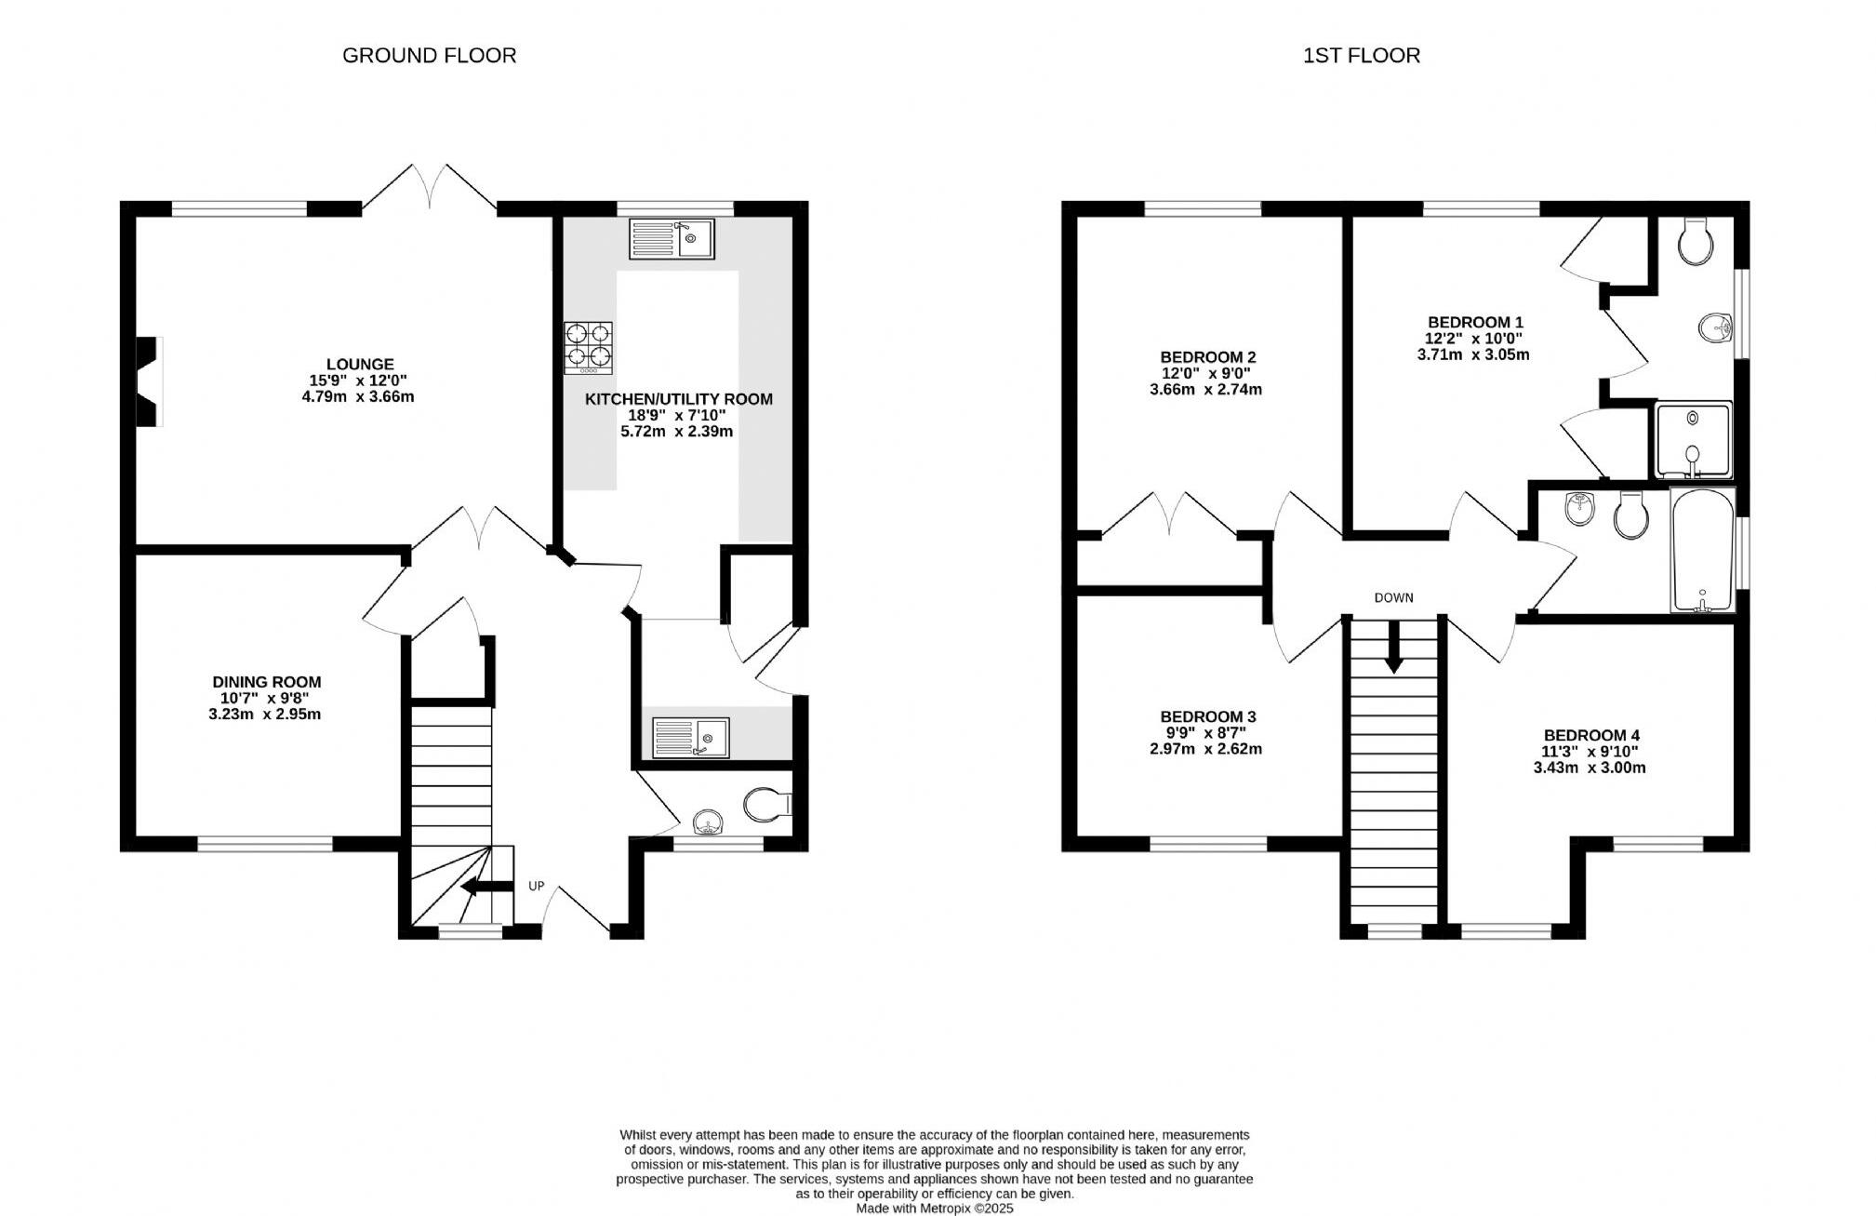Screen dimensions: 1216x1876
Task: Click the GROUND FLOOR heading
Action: pyautogui.click(x=429, y=56)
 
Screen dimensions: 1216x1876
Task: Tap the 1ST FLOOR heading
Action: pyautogui.click(x=1361, y=56)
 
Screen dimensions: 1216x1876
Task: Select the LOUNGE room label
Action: pyautogui.click(x=359, y=365)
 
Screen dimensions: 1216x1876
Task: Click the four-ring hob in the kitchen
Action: pyautogui.click(x=588, y=347)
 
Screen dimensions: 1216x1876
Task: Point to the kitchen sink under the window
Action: pyautogui.click(x=671, y=238)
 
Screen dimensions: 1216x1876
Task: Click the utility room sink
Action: pyautogui.click(x=690, y=738)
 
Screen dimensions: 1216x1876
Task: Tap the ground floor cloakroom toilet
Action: pyautogui.click(x=767, y=804)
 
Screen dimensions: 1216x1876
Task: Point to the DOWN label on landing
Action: pyautogui.click(x=1393, y=597)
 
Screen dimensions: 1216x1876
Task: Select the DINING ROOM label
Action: pyautogui.click(x=266, y=682)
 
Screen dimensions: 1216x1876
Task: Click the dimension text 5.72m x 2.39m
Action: pyautogui.click(x=676, y=432)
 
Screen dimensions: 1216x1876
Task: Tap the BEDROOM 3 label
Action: pyautogui.click(x=1207, y=716)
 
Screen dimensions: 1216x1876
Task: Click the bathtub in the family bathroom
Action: pyautogui.click(x=1702, y=551)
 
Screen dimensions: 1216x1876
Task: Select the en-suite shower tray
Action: pyautogui.click(x=1693, y=439)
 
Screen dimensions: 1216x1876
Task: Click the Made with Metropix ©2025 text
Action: pyautogui.click(x=934, y=1209)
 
